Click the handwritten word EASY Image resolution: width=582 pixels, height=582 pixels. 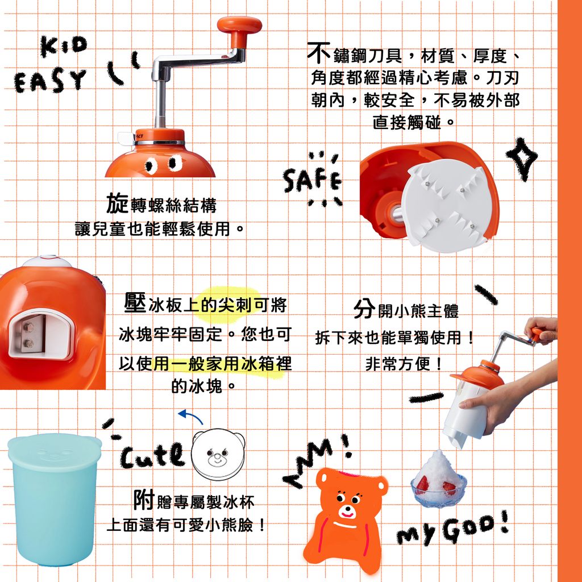50,81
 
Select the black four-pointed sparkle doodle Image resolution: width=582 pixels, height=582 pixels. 522,159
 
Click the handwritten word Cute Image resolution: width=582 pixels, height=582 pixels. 152,455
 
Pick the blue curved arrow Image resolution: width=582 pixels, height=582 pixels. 190,416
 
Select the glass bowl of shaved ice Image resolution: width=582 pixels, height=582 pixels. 439,480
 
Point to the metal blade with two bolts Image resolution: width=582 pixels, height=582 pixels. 32,333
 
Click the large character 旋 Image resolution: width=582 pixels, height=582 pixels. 117,203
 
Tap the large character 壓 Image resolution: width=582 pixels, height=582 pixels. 135,302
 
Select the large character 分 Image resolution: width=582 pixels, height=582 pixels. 364,308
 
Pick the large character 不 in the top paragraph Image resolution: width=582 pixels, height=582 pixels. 319,53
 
